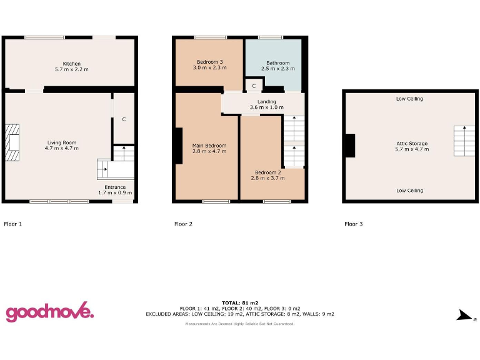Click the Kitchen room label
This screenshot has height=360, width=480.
pyautogui.click(x=71, y=66)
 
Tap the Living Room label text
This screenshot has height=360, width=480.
pyautogui.click(x=61, y=146)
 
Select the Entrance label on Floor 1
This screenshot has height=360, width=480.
pyautogui.click(x=115, y=189)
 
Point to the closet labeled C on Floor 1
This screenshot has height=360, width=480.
pyautogui.click(x=124, y=119)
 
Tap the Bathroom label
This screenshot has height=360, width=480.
pyautogui.click(x=277, y=66)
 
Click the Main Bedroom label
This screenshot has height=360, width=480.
pyautogui.click(x=209, y=148)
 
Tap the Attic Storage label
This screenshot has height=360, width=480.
pyautogui.click(x=412, y=147)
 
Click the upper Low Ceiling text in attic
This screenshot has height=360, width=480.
pyautogui.click(x=409, y=99)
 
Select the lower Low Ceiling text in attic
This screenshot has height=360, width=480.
pyautogui.click(x=409, y=191)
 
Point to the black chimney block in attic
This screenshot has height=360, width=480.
pyautogui.click(x=350, y=146)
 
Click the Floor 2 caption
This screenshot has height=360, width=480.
pyautogui.click(x=183, y=224)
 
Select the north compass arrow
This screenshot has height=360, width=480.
pyautogui.click(x=464, y=316)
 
